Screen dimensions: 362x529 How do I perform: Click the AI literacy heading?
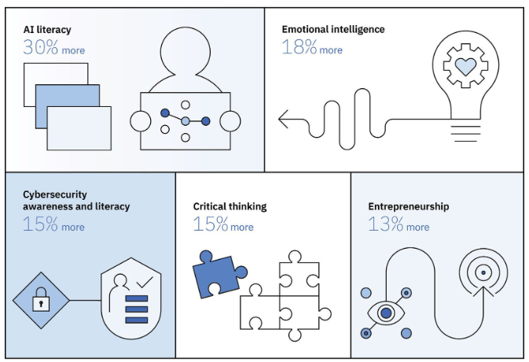coord(47,30)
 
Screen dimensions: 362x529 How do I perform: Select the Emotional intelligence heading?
coord(333,30)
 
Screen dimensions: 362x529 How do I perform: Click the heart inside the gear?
coord(465,67)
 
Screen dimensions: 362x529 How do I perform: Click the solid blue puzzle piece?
coord(216,273)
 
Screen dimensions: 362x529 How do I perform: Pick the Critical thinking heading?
coord(230,207)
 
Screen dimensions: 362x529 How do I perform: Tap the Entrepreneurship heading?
coord(409,207)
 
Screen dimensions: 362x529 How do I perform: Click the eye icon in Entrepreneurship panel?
coord(385,313)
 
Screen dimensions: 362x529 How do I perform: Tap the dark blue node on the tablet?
coord(165,113)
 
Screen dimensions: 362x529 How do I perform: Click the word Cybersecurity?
coord(54,194)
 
